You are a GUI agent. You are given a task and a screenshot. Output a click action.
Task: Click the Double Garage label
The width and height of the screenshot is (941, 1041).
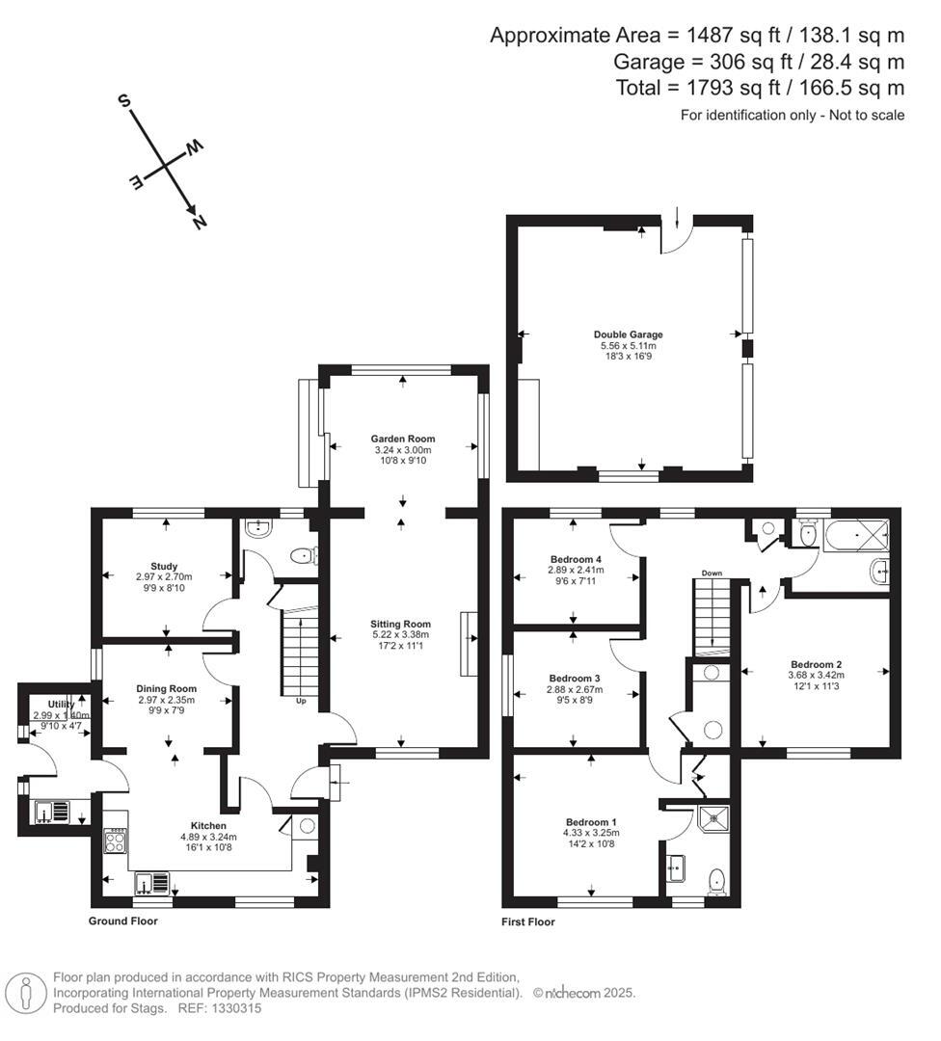[x=628, y=335]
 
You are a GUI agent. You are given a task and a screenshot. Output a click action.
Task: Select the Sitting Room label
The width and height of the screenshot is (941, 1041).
[x=403, y=624]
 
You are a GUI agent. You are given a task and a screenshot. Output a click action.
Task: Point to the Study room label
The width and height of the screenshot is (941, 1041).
[x=165, y=566]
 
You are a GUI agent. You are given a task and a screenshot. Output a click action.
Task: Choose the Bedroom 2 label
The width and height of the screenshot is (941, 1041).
[x=817, y=664]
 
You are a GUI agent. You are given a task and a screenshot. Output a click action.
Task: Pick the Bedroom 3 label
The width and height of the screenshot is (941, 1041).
[x=575, y=678]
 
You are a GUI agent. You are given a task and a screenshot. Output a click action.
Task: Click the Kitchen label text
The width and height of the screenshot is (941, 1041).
[x=208, y=826]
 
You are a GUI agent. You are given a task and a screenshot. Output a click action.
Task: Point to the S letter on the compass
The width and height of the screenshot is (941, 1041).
[x=123, y=99]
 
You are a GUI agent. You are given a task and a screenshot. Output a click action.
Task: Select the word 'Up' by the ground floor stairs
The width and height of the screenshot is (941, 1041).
[x=301, y=701]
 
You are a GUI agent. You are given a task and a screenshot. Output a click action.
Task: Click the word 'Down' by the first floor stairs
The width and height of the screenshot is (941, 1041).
[x=712, y=574]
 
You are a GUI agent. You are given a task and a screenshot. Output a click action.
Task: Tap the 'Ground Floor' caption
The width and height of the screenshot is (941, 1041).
[x=122, y=921]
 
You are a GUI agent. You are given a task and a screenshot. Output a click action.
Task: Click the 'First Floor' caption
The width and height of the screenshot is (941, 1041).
[x=528, y=922]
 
